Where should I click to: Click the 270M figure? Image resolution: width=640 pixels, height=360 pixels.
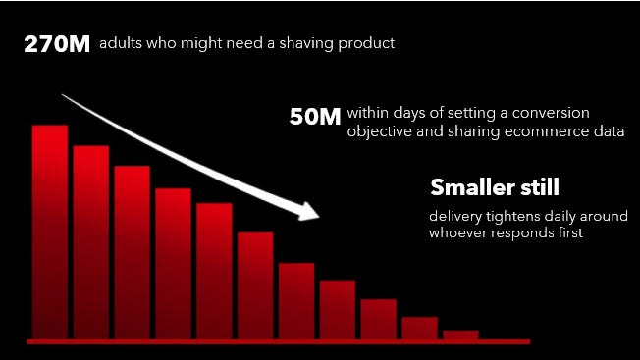(57, 44)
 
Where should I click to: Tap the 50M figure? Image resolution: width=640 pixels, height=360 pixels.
(315, 117)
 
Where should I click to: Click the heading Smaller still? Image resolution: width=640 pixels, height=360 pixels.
(495, 187)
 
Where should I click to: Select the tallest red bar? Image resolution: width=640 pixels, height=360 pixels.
(50, 231)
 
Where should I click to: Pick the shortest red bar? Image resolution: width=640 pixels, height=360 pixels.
(460, 334)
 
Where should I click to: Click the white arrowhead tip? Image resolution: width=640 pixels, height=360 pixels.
(320, 216)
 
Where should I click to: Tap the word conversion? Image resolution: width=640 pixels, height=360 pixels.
(551, 113)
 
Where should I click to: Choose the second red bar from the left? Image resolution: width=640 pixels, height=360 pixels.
(91, 242)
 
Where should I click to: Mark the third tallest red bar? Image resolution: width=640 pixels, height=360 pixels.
(133, 252)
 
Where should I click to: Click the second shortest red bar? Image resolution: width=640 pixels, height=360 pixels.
(419, 329)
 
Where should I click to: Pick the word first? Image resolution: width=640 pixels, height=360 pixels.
(571, 232)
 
